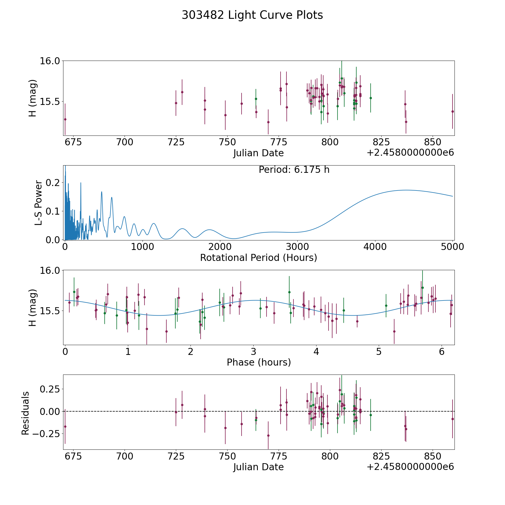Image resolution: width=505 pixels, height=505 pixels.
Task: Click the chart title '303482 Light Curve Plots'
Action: [x=252, y=15]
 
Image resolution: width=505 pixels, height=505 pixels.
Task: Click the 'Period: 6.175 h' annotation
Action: [x=294, y=170]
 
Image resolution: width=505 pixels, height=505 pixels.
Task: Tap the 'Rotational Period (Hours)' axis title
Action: [x=258, y=258]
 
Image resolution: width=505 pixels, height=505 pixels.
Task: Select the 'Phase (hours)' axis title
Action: [x=259, y=362]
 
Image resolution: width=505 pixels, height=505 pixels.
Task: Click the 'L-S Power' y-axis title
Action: [x=38, y=203]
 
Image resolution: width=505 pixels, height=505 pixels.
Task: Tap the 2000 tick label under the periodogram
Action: [x=220, y=247]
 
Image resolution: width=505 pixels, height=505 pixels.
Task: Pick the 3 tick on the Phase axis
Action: [x=253, y=352]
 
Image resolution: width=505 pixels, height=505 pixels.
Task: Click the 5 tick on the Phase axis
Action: [x=379, y=352]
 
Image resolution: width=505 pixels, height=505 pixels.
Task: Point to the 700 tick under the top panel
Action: [x=125, y=142]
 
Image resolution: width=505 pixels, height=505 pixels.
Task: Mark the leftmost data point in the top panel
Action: [x=65, y=119]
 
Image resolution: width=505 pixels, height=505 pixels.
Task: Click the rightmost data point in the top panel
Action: [x=453, y=111]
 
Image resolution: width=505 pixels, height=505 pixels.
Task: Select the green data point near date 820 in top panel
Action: [x=371, y=98]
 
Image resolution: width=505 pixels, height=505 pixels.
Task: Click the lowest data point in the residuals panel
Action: [x=268, y=435]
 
